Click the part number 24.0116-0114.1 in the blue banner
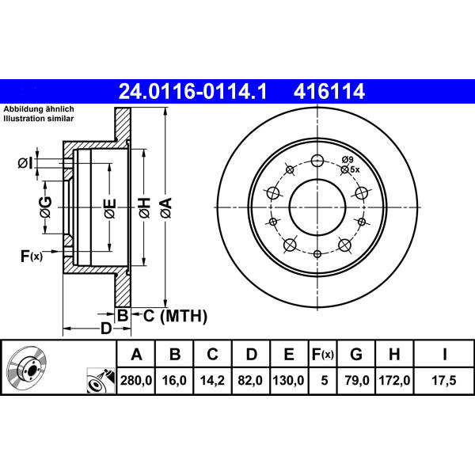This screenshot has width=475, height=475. [x=192, y=92]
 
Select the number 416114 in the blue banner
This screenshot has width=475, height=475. [x=329, y=92]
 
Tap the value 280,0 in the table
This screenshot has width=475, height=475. [x=136, y=380]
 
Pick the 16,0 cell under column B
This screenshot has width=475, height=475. [x=174, y=380]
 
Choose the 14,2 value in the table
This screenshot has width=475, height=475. [x=212, y=380]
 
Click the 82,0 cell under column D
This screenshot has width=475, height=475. [x=250, y=380]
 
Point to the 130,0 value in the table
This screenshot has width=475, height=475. [x=288, y=380]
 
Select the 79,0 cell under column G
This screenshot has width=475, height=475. [x=357, y=380]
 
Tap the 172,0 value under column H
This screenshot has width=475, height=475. [x=395, y=380]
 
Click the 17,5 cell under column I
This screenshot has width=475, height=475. [x=444, y=380]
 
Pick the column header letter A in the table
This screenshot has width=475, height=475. [x=137, y=354]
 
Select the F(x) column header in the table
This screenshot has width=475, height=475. [x=323, y=354]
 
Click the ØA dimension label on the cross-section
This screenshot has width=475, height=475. [x=166, y=207]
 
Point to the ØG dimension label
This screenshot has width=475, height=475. [x=46, y=207]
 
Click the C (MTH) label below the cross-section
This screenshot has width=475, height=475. [x=175, y=316]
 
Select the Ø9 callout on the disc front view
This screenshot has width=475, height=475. [x=348, y=159]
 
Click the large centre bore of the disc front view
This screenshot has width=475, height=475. [x=317, y=207]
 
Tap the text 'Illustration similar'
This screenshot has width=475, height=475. [x=39, y=119]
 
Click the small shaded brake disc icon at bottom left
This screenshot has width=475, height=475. [x=26, y=368]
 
